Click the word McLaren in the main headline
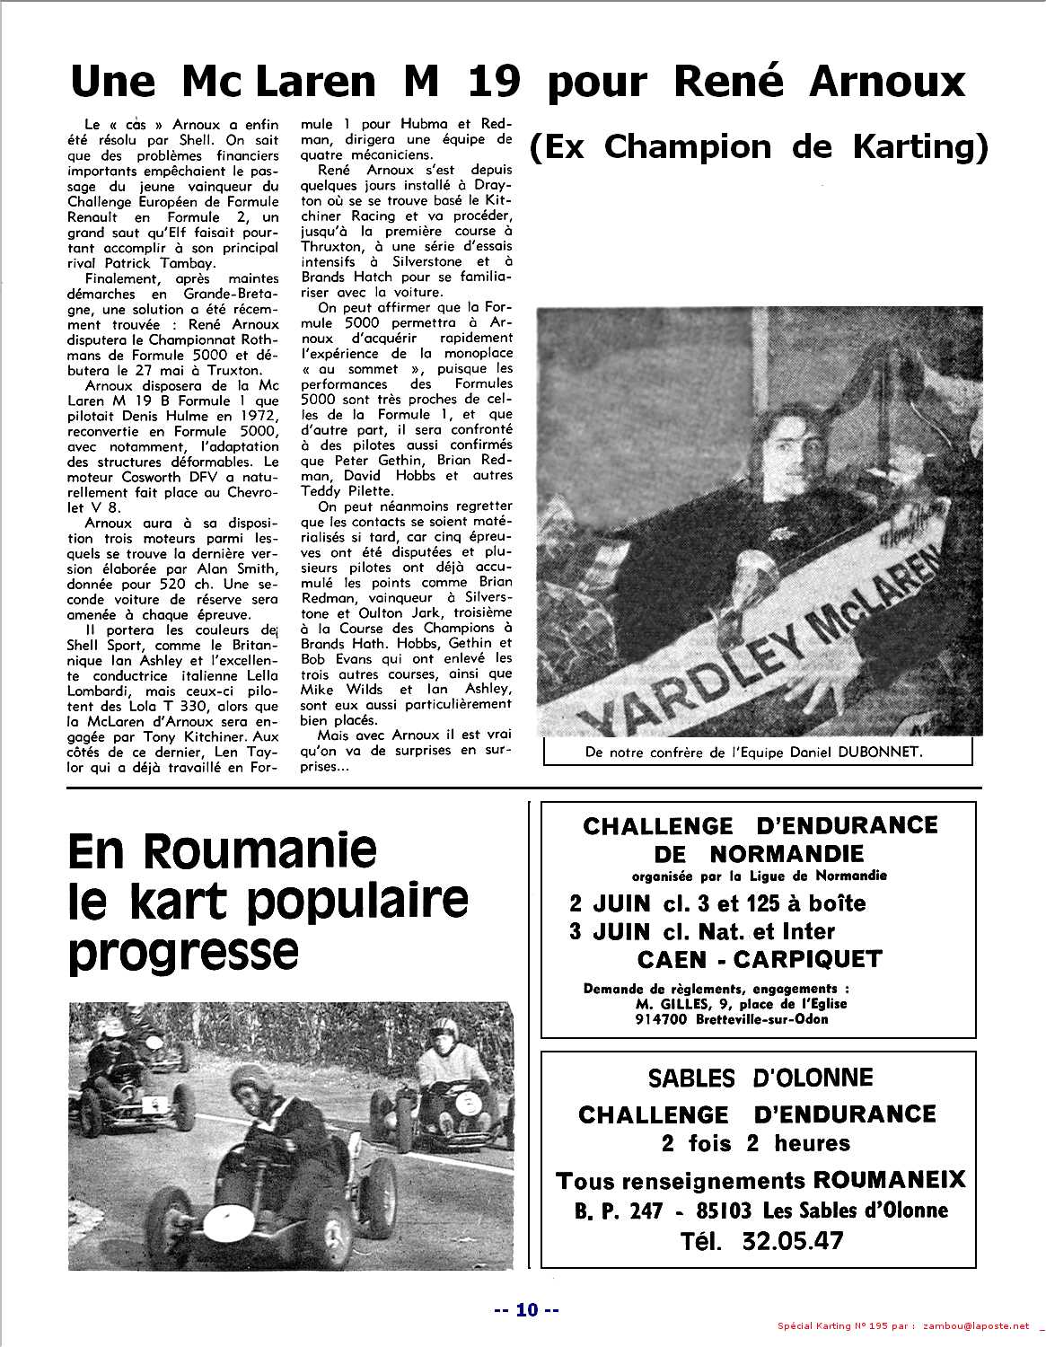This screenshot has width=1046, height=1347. tap(277, 82)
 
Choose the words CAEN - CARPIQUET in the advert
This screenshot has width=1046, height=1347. tap(760, 959)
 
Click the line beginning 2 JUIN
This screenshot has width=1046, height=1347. tap(717, 902)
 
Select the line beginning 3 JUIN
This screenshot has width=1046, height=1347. tap(702, 931)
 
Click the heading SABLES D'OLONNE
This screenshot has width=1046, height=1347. tap(760, 1078)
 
